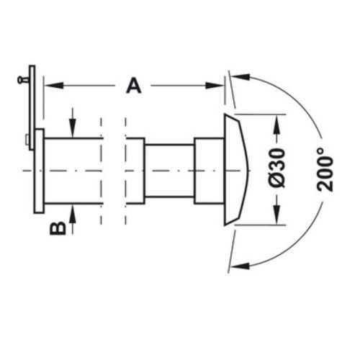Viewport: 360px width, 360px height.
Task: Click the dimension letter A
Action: coord(133,86)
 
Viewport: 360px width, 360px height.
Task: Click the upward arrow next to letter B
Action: coord(73,210)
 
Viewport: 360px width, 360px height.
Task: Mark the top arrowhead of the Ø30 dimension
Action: coord(274,122)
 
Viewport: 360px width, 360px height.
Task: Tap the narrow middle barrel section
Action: coord(169,170)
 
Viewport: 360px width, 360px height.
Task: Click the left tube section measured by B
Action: coord(72,171)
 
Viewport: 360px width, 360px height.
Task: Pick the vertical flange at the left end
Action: coord(39,171)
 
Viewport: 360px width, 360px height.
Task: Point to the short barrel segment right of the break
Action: coord(135,170)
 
